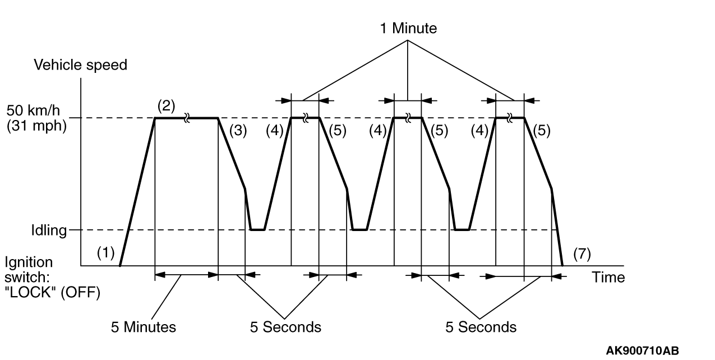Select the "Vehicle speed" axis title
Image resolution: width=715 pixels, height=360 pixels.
(81, 65)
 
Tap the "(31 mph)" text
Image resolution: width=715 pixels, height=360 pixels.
(36, 126)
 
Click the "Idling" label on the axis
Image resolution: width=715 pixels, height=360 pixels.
(49, 230)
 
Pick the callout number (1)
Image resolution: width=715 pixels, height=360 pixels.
(106, 253)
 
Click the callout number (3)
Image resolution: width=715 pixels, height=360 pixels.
(238, 131)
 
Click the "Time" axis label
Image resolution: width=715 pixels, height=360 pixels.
(608, 277)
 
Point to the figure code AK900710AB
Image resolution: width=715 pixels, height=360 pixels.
(642, 351)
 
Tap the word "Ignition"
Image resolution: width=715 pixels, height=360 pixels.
(29, 262)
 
